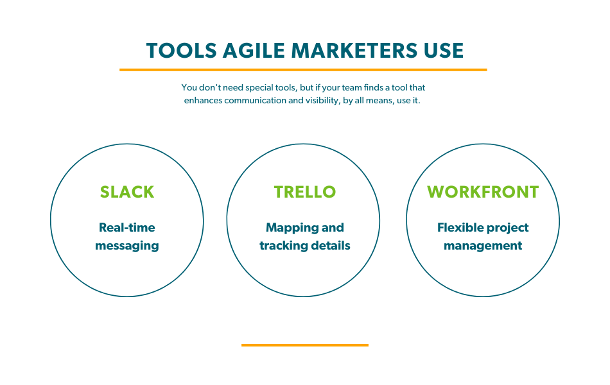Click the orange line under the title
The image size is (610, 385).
pyautogui.click(x=303, y=69)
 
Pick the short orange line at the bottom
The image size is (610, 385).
pyautogui.click(x=304, y=345)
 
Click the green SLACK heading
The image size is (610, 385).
pyautogui.click(x=127, y=192)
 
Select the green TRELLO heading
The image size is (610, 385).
pyautogui.click(x=305, y=192)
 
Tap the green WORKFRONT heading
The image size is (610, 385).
pyautogui.click(x=483, y=192)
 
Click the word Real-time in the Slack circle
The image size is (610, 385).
pyautogui.click(x=127, y=228)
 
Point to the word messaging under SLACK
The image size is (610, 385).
pyautogui.click(x=127, y=246)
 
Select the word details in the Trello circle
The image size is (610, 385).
pyautogui.click(x=333, y=246)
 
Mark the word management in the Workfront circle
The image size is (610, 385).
pyautogui.click(x=483, y=246)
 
